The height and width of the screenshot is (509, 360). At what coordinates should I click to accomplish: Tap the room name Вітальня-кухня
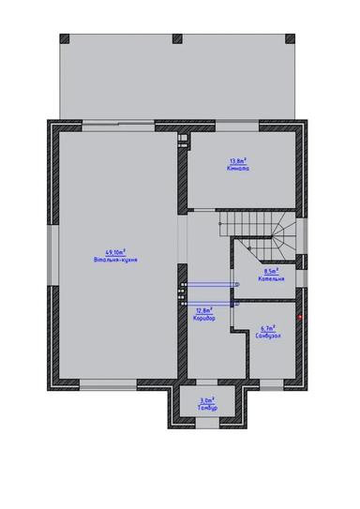point(116,259)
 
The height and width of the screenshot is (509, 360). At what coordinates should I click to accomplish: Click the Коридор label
point(204,318)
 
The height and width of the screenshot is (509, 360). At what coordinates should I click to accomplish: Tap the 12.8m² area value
point(204,310)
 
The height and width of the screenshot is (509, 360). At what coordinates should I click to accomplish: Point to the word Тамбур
point(207,409)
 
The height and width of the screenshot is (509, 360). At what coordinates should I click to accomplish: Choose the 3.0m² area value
point(207,402)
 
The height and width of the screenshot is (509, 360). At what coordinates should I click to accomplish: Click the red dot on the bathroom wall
point(299,317)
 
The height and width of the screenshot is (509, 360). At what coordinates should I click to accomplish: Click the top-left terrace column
point(65,38)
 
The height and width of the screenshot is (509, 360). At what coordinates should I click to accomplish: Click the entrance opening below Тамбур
point(207,424)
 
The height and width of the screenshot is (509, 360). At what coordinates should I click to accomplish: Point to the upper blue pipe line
point(208,284)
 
